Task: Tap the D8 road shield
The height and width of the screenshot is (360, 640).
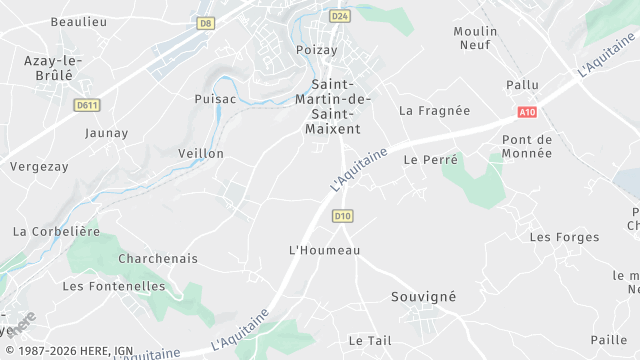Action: pyautogui.click(x=206, y=23)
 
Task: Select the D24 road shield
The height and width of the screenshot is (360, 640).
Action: pyautogui.click(x=339, y=16)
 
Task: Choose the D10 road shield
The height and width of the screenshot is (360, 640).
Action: pyautogui.click(x=343, y=216)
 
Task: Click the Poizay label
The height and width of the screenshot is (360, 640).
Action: pyautogui.click(x=317, y=50)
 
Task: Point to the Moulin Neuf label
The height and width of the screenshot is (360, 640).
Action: pyautogui.click(x=475, y=38)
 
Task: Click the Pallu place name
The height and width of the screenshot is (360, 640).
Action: pyautogui.click(x=522, y=86)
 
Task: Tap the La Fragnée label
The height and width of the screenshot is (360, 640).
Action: pyautogui.click(x=434, y=111)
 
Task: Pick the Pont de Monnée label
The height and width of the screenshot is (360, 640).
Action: pyautogui.click(x=527, y=146)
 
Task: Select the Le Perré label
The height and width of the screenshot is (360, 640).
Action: pyautogui.click(x=430, y=160)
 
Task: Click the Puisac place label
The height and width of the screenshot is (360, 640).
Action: pyautogui.click(x=214, y=99)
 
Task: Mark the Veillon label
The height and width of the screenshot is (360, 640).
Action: pyautogui.click(x=200, y=154)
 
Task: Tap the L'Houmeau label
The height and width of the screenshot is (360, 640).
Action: pyautogui.click(x=323, y=250)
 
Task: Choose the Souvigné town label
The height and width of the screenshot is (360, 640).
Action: pyautogui.click(x=422, y=297)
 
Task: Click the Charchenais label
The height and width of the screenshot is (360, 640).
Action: pyautogui.click(x=158, y=259)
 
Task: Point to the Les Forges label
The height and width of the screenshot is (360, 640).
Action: pyautogui.click(x=564, y=238)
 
